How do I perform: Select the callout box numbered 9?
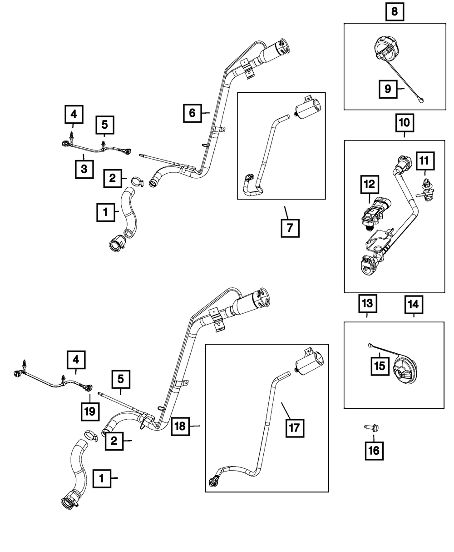coord(388,89)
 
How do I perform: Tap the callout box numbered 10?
coord(404,122)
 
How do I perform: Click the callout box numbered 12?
coord(370,184)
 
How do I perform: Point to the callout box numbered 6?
coord(192,113)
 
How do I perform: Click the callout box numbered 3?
coord(84,169)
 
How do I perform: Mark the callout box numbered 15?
coord(380,364)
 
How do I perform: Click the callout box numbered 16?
coord(374,451)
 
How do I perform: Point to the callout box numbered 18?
coord(180,426)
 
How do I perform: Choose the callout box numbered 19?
coord(89,411)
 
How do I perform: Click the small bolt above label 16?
coord(368,427)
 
